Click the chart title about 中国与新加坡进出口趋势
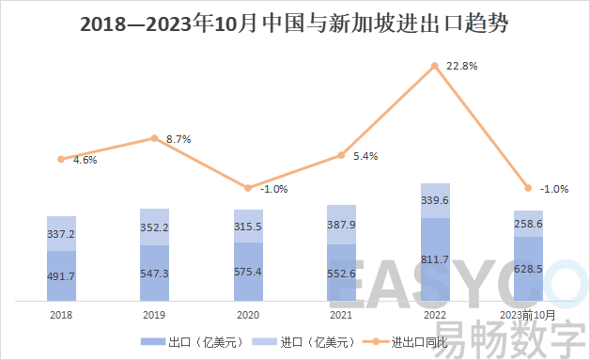(x=295, y=24)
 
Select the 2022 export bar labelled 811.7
(x=435, y=259)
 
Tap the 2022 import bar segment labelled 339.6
(x=435, y=200)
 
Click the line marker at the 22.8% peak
(x=435, y=66)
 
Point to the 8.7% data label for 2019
(x=179, y=139)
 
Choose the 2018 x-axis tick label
(x=61, y=315)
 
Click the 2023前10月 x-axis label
(x=528, y=315)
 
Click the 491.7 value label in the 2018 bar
(x=61, y=276)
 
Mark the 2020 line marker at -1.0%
(x=248, y=188)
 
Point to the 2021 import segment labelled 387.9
(x=342, y=225)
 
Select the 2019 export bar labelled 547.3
(x=155, y=274)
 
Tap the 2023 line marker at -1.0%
(x=528, y=188)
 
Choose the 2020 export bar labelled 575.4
(x=248, y=271)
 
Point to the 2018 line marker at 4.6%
(x=61, y=159)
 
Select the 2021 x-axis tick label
(x=342, y=315)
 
